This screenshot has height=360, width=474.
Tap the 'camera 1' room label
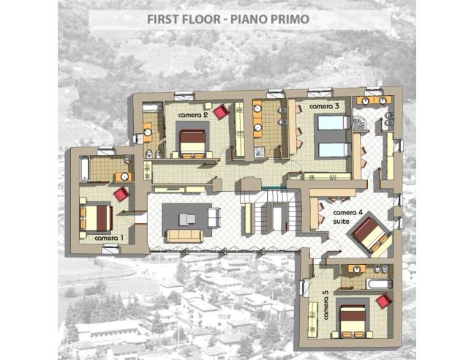tap(109, 238)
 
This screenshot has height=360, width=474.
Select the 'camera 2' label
tap(193, 115)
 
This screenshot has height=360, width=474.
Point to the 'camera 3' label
tap(324, 107)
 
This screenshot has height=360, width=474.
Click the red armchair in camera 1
tap(121, 195)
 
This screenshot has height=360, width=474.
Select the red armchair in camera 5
tap(383, 300)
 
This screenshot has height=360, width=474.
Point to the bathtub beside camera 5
tap(379, 284)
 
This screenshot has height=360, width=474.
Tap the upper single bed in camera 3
tap(332, 122)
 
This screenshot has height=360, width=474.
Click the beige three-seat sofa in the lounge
tap(184, 236)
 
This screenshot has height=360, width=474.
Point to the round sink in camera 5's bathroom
tap(357, 269)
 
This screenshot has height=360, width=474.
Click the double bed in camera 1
tap(96, 217)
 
